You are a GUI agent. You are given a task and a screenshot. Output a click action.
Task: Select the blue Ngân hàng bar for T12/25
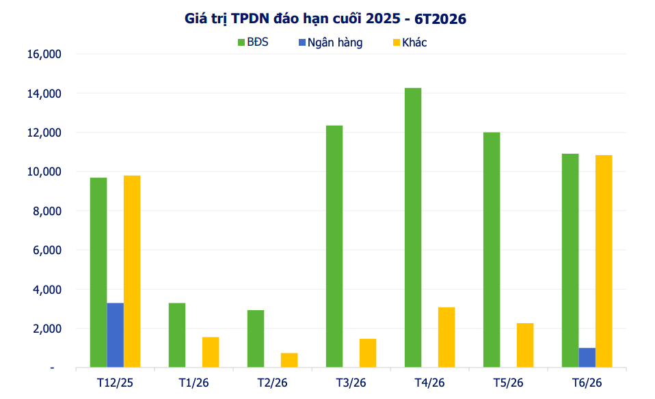(115, 335)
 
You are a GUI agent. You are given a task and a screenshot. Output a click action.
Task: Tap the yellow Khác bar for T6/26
(604, 261)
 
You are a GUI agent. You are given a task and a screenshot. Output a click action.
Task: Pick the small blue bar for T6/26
(587, 357)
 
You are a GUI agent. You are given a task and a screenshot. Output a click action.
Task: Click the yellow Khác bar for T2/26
(289, 360)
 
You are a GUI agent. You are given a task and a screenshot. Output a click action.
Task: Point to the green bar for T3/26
(334, 247)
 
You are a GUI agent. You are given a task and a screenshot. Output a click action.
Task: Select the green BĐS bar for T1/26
(177, 335)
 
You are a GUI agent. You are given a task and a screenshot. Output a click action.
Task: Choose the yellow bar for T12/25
(132, 271)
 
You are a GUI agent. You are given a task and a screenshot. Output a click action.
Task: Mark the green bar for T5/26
(492, 249)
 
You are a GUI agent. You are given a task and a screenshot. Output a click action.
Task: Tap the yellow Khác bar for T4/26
(446, 337)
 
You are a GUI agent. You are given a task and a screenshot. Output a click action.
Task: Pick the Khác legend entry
(410, 42)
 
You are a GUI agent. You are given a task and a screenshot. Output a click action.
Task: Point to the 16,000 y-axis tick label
(43, 54)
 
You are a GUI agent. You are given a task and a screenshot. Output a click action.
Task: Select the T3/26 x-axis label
(351, 382)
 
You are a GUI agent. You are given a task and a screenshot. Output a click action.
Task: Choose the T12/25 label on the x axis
(115, 382)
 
